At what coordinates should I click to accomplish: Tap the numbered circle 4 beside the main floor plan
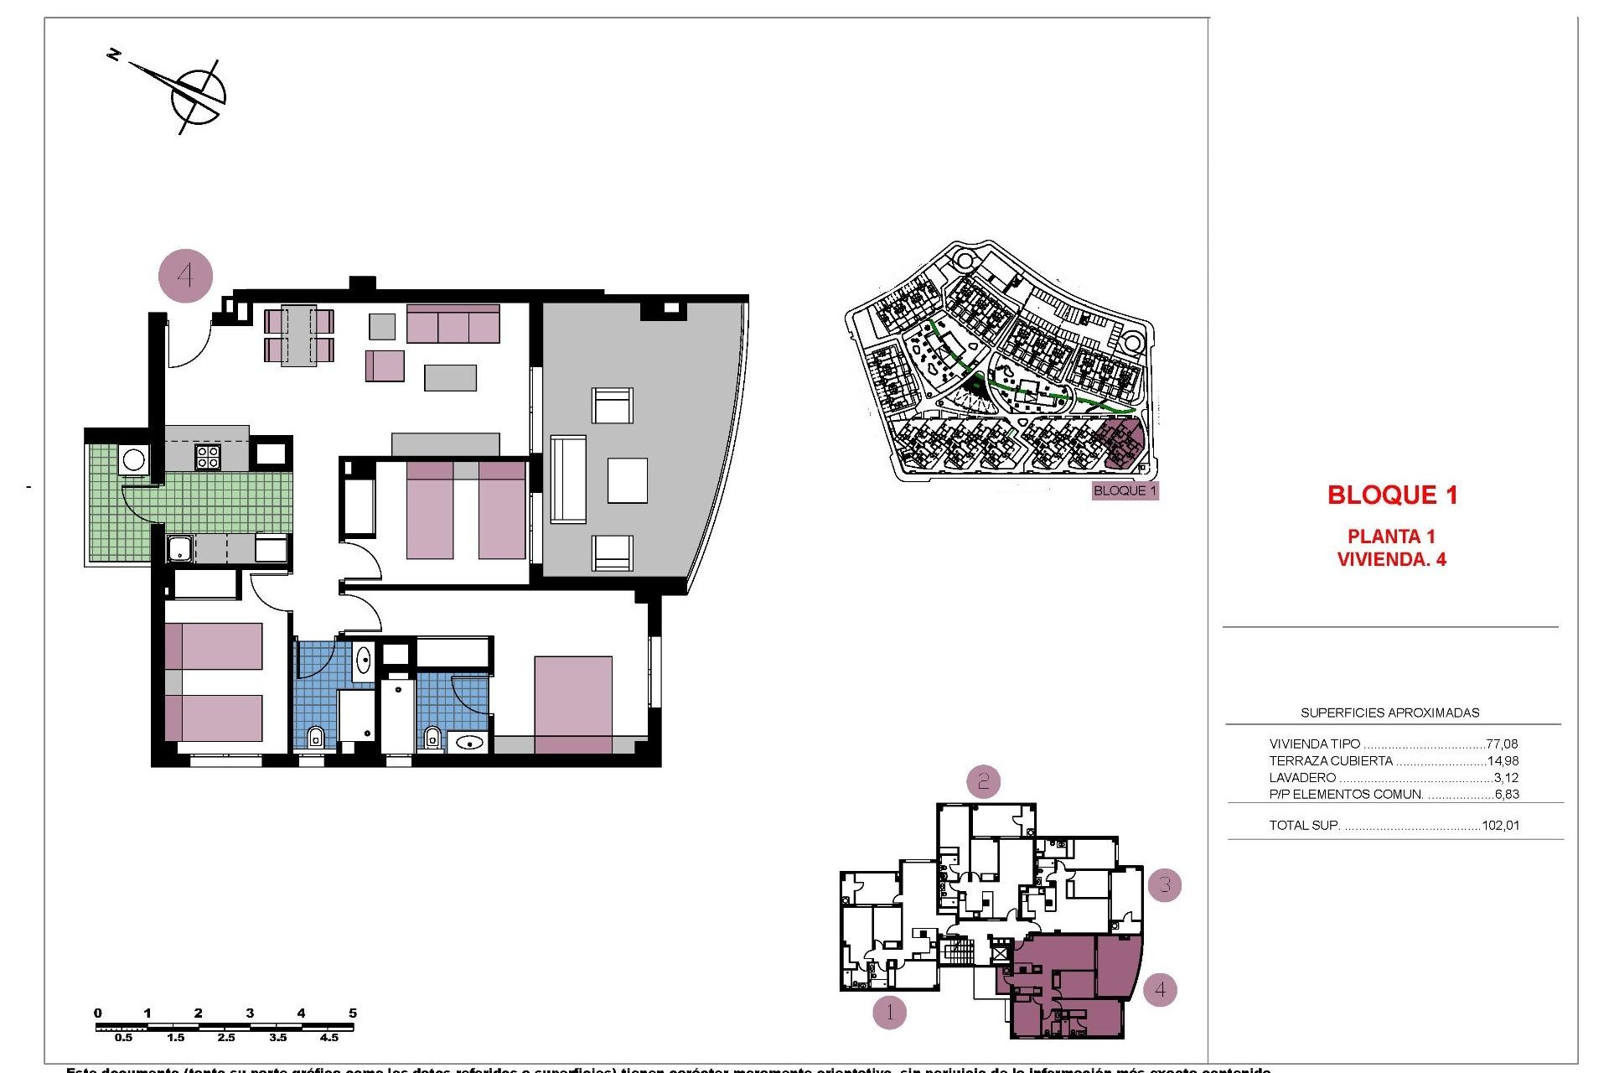click(185, 276)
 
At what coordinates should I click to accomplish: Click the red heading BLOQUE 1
click(1392, 495)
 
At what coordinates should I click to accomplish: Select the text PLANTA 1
click(1391, 536)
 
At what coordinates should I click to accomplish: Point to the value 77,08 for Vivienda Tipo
click(1502, 744)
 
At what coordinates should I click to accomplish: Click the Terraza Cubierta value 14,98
click(1503, 761)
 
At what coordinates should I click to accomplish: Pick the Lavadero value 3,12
click(1506, 778)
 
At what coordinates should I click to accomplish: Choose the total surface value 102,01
click(1500, 826)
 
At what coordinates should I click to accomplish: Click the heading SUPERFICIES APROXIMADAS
click(1389, 713)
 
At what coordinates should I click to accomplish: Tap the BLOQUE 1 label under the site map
click(1125, 491)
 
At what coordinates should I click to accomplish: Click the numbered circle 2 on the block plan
click(983, 782)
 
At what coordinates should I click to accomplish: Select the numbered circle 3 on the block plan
click(1164, 885)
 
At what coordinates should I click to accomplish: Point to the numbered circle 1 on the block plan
click(889, 1013)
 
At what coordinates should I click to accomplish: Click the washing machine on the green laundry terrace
click(133, 459)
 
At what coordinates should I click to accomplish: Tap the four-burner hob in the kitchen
click(208, 457)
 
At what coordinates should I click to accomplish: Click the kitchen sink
click(179, 550)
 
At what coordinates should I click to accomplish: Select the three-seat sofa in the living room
click(453, 324)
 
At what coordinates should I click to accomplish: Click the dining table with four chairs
click(298, 335)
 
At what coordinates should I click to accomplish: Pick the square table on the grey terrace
click(627, 480)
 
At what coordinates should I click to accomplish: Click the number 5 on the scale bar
click(353, 1013)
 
